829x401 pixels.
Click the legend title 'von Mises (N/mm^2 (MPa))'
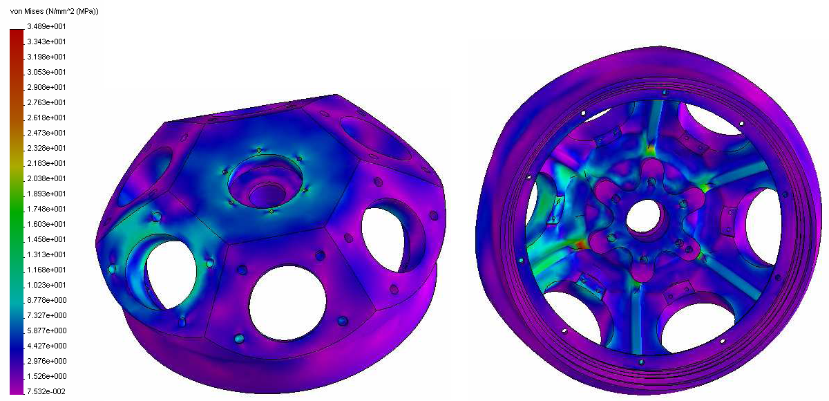[54, 12]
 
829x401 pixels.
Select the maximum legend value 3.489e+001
[46, 26]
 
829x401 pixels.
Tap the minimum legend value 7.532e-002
[46, 391]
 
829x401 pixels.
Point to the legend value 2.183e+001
[46, 163]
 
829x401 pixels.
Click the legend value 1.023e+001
[46, 285]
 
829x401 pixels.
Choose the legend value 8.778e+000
[47, 300]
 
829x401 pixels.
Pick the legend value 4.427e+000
[47, 346]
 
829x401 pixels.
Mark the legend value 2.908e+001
[46, 87]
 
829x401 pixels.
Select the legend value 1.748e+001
[46, 209]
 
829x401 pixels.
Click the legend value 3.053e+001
[46, 72]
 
